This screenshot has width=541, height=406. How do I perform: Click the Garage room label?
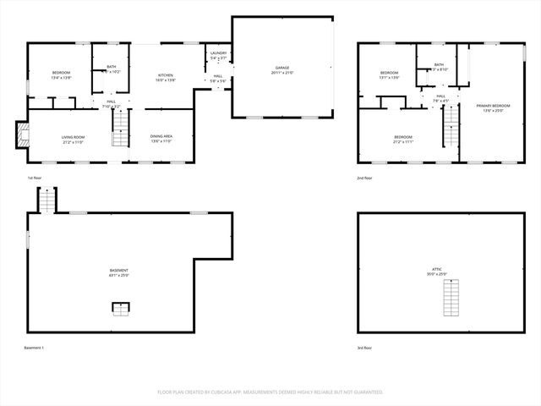click(281, 70)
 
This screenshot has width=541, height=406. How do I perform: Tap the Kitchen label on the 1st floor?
click(165, 77)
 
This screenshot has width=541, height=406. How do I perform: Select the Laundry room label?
click(218, 55)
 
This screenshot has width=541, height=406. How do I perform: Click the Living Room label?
click(73, 139)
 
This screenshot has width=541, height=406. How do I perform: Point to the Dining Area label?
click(161, 139)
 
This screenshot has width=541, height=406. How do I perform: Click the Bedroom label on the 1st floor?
click(60, 74)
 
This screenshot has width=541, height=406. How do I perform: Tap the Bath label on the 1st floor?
click(112, 69)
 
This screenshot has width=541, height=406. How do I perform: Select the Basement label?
click(118, 272)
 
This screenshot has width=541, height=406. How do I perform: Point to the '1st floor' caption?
click(35, 178)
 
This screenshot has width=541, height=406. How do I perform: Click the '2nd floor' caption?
click(364, 178)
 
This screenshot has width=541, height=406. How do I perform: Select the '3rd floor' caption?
click(364, 348)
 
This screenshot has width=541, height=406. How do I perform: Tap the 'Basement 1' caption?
click(34, 348)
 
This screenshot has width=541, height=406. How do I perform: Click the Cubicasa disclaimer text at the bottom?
click(270, 392)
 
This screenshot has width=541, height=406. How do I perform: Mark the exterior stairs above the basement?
click(46, 200)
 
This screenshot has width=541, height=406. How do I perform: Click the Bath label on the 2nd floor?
click(439, 66)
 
